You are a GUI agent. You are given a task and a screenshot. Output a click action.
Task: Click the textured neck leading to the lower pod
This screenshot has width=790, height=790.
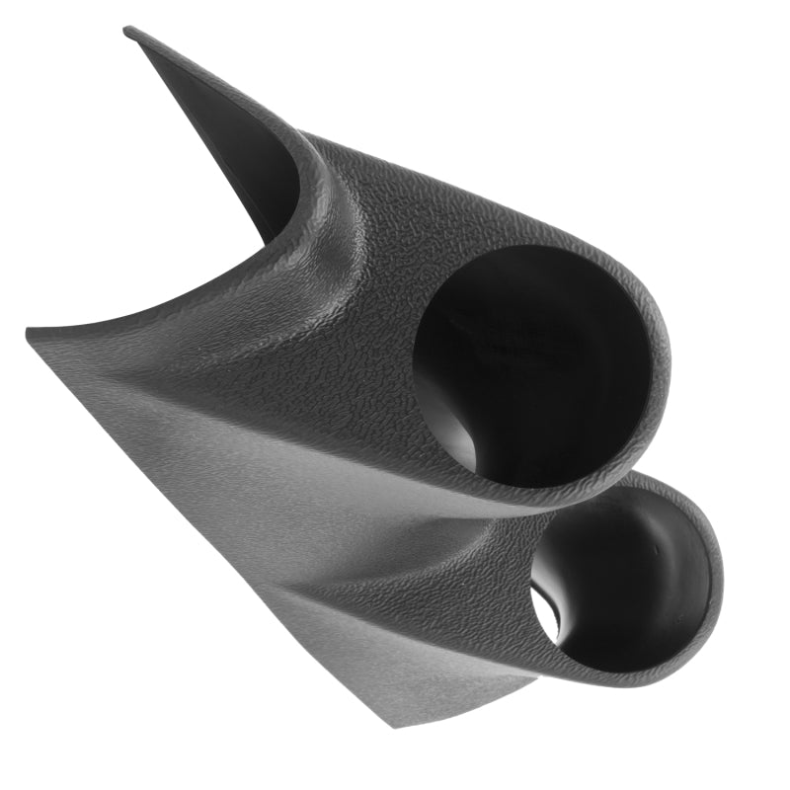pyautogui.click(x=474, y=583)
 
